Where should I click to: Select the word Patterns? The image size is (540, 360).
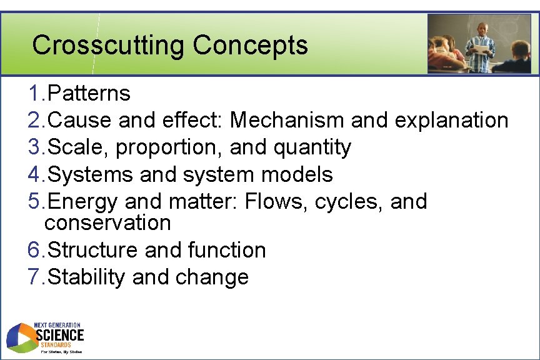[x=89, y=94]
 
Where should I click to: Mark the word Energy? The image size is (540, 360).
[x=83, y=202]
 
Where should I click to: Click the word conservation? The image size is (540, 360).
[x=107, y=222]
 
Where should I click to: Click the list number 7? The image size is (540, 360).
[x=36, y=277]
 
